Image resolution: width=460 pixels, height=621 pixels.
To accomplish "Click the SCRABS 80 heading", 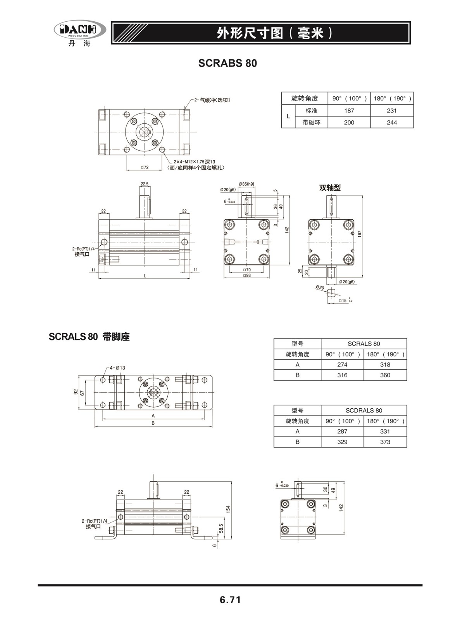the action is click(x=227, y=63).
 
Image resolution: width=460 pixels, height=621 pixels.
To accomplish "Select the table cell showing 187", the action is click(x=349, y=111).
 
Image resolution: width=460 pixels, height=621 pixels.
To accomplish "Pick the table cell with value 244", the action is click(x=392, y=122).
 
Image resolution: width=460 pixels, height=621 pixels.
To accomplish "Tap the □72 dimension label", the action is click(x=145, y=167).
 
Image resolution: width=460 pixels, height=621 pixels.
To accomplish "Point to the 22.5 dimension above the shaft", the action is click(x=145, y=184).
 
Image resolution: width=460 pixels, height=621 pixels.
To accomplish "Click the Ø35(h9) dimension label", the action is click(x=246, y=184).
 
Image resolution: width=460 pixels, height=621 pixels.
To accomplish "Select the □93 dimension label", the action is click(x=247, y=275).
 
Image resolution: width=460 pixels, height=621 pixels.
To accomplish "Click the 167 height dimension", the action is click(x=360, y=234).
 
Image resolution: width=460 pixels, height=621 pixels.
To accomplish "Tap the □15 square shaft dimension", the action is click(x=345, y=300).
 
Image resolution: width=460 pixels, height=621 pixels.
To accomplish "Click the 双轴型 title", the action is click(x=330, y=187).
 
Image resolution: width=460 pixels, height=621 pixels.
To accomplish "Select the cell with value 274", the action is click(x=342, y=364).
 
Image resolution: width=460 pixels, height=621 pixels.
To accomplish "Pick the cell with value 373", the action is click(x=385, y=442).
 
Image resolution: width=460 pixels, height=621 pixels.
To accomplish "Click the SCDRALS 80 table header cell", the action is click(x=364, y=411).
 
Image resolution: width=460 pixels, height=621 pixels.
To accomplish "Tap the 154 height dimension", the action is click(x=228, y=509).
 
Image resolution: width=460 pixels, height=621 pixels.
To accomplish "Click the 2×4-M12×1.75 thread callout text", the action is click(x=194, y=162).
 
